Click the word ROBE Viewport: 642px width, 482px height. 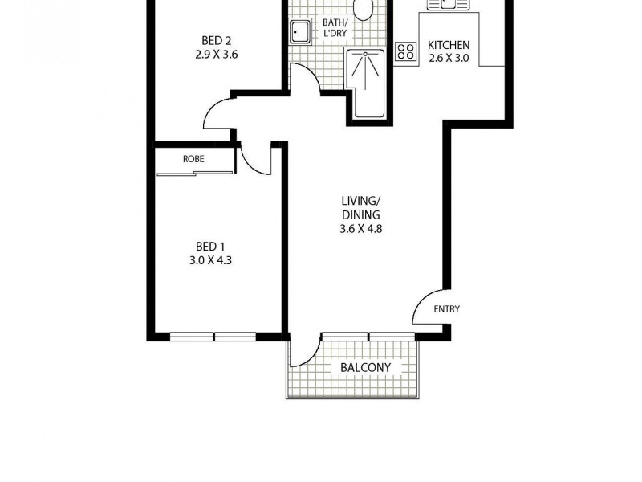193,159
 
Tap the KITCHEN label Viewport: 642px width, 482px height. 449,45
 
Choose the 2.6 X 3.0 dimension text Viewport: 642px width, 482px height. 449,58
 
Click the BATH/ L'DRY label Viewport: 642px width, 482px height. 334,28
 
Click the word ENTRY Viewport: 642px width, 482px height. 446,309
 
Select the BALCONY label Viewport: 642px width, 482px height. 365,368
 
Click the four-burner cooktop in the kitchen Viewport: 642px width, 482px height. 406,51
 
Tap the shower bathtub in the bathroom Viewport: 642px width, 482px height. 368,83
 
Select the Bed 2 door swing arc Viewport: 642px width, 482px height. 217,114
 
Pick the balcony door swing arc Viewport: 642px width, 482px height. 305,353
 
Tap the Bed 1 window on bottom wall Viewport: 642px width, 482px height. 213,336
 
